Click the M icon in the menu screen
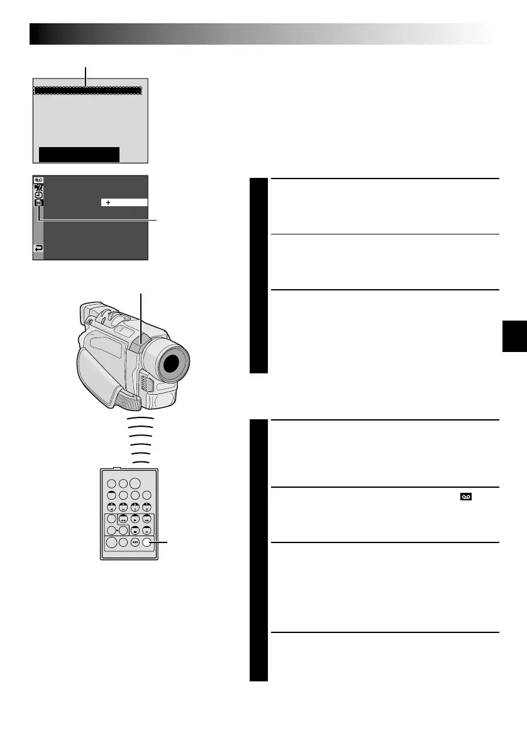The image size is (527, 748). coord(39,203)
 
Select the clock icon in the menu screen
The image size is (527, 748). coord(39,195)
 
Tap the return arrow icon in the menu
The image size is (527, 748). coord(39,249)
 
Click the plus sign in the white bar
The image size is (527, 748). coord(108,202)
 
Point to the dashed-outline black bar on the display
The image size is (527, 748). coord(87,91)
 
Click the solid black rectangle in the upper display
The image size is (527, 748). coord(79,155)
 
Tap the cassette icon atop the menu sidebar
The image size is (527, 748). coord(39,180)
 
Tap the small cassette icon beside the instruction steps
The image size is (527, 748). coord(466,497)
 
